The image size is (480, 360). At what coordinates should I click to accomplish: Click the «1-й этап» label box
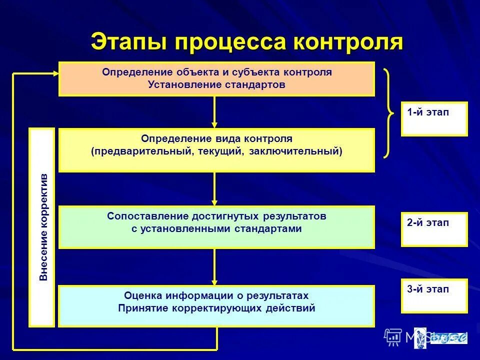pos(434,118)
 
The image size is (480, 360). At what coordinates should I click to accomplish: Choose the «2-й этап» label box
pos(434,229)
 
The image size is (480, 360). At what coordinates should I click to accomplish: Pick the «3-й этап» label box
pos(434,295)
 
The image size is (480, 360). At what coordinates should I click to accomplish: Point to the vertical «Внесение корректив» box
pos(42,227)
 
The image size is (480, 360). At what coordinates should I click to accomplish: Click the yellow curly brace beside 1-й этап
pos(388,113)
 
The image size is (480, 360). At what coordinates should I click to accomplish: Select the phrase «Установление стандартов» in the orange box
pos(216,84)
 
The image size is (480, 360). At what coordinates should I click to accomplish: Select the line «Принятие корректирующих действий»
pos(216,308)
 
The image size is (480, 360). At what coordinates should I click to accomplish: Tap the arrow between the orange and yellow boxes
pos(214,112)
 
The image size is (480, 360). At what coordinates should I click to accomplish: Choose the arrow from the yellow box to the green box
pos(214,189)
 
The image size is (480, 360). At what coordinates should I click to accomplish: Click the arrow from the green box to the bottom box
pos(214,267)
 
